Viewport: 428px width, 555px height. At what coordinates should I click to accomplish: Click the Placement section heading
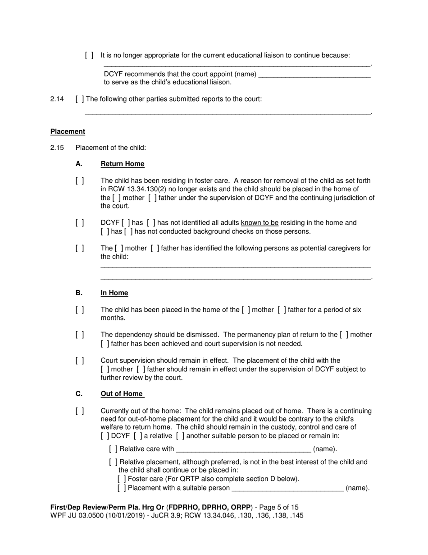click(68, 131)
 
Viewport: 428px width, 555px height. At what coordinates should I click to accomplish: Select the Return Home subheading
click(122, 164)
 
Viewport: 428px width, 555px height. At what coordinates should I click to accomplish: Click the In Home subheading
click(114, 293)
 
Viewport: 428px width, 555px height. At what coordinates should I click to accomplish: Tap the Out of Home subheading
click(122, 393)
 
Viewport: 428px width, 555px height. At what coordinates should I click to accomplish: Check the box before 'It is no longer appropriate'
click(89, 55)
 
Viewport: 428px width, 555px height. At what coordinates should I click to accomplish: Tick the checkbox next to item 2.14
click(80, 99)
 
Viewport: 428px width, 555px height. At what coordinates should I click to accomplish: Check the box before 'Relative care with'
click(114, 449)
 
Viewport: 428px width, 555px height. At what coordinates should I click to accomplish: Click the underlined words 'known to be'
click(260, 222)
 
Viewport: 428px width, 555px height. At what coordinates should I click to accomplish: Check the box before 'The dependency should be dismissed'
click(80, 334)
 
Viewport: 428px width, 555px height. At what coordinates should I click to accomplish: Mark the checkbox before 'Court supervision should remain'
click(80, 360)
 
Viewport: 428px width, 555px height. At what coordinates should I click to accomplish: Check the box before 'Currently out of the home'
click(80, 411)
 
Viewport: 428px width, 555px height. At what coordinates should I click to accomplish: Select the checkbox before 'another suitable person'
click(180, 435)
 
